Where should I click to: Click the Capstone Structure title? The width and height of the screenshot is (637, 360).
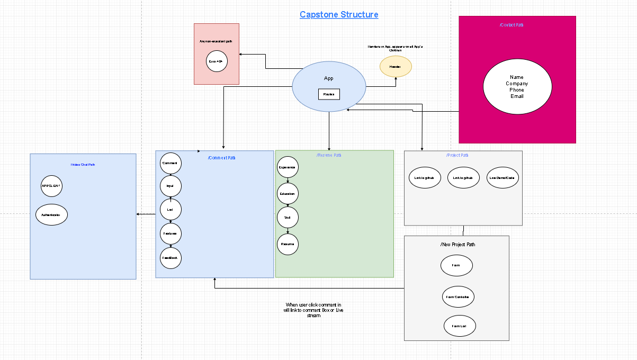click(339, 14)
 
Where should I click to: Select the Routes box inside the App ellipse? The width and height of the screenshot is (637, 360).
click(329, 94)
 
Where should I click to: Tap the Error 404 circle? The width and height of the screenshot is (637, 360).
click(217, 61)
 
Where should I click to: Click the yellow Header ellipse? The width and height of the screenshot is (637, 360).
click(396, 67)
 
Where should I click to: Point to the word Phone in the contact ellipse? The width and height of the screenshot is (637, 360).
click(517, 90)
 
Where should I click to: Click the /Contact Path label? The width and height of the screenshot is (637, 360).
click(512, 25)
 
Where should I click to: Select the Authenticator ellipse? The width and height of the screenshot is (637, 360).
click(51, 215)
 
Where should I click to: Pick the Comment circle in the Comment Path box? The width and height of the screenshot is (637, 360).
click(171, 163)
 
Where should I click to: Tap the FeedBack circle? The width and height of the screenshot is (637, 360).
click(171, 258)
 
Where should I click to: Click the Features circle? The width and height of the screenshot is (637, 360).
click(171, 233)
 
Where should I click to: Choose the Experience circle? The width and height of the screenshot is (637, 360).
click(288, 167)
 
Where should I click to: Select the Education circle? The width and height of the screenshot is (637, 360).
click(288, 194)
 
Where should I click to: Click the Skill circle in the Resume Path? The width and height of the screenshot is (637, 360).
click(288, 218)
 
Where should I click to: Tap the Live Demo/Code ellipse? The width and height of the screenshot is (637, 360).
click(502, 178)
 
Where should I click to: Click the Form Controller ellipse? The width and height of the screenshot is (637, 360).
click(458, 297)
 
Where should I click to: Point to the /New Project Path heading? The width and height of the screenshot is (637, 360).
click(457, 245)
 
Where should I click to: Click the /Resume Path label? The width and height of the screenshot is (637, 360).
click(329, 155)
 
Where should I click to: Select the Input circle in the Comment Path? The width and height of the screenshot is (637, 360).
click(171, 186)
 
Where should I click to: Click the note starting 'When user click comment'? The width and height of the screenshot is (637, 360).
click(314, 310)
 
